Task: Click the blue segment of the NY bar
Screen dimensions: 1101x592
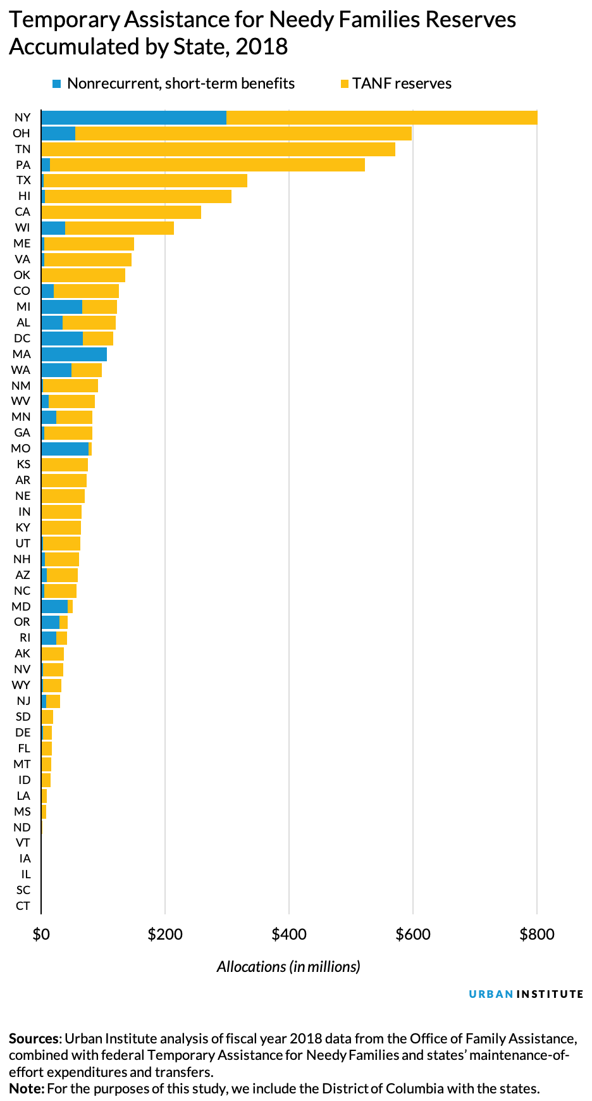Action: [x=133, y=118]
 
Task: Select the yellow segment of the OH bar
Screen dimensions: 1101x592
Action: [x=244, y=134]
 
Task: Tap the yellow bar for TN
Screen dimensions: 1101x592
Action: [x=218, y=149]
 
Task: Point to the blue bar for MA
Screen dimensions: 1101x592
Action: [x=74, y=354]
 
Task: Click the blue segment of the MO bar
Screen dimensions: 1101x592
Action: [x=65, y=449]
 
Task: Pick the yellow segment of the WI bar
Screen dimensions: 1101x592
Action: [x=120, y=228]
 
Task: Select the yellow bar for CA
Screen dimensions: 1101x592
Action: [x=121, y=212]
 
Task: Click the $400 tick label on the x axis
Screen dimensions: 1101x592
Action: [x=288, y=935]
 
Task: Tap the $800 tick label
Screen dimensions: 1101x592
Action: [x=536, y=935]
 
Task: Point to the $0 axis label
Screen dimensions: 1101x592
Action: [x=41, y=935]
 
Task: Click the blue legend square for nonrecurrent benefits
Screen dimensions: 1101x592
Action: [x=57, y=84]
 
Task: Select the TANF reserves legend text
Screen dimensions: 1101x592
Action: [x=402, y=84]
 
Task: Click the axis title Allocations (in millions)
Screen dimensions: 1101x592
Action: [x=288, y=967]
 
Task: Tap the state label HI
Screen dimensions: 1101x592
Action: [x=24, y=196]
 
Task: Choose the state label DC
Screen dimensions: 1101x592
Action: [x=22, y=339]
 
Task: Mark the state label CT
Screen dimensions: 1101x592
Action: [x=23, y=906]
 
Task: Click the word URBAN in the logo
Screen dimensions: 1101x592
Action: [x=491, y=994]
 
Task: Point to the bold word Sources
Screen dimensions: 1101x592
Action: [x=35, y=1039]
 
